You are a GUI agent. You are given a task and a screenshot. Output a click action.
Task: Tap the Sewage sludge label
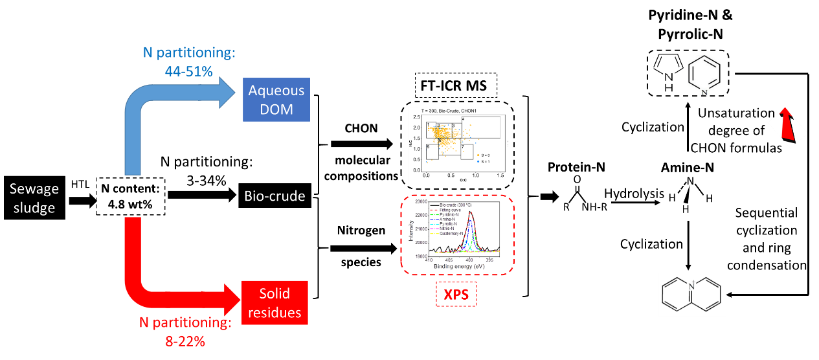click(34, 199)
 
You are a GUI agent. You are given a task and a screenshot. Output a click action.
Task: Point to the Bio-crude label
click(275, 196)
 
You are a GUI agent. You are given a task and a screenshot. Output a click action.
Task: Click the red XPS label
click(456, 295)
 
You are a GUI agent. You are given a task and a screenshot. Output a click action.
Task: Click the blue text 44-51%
click(188, 72)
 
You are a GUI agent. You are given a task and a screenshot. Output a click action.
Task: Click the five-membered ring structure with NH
click(668, 73)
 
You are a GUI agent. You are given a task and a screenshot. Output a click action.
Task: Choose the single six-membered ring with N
click(704, 75)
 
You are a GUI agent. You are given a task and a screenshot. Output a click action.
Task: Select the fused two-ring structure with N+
click(691, 295)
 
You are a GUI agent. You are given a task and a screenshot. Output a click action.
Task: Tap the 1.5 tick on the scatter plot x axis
click(500, 175)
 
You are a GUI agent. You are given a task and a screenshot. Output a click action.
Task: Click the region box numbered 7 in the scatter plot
click(467, 152)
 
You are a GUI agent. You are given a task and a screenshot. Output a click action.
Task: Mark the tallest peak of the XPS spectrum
click(470, 214)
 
